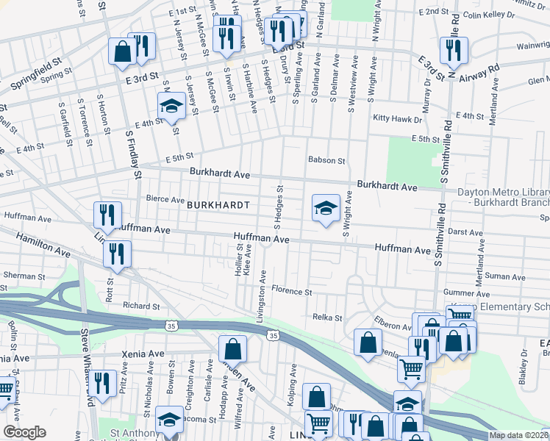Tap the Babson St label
pyautogui.click(x=326, y=159)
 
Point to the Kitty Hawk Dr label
pyautogui.click(x=398, y=118)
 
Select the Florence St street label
pyautogui.click(x=292, y=292)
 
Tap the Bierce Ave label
pyautogui.click(x=165, y=199)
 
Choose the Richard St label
pyautogui.click(x=141, y=306)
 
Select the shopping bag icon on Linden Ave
pyautogui.click(x=232, y=348)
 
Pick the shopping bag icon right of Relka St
pyautogui.click(x=368, y=343)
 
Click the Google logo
pyautogui.click(x=24, y=432)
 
